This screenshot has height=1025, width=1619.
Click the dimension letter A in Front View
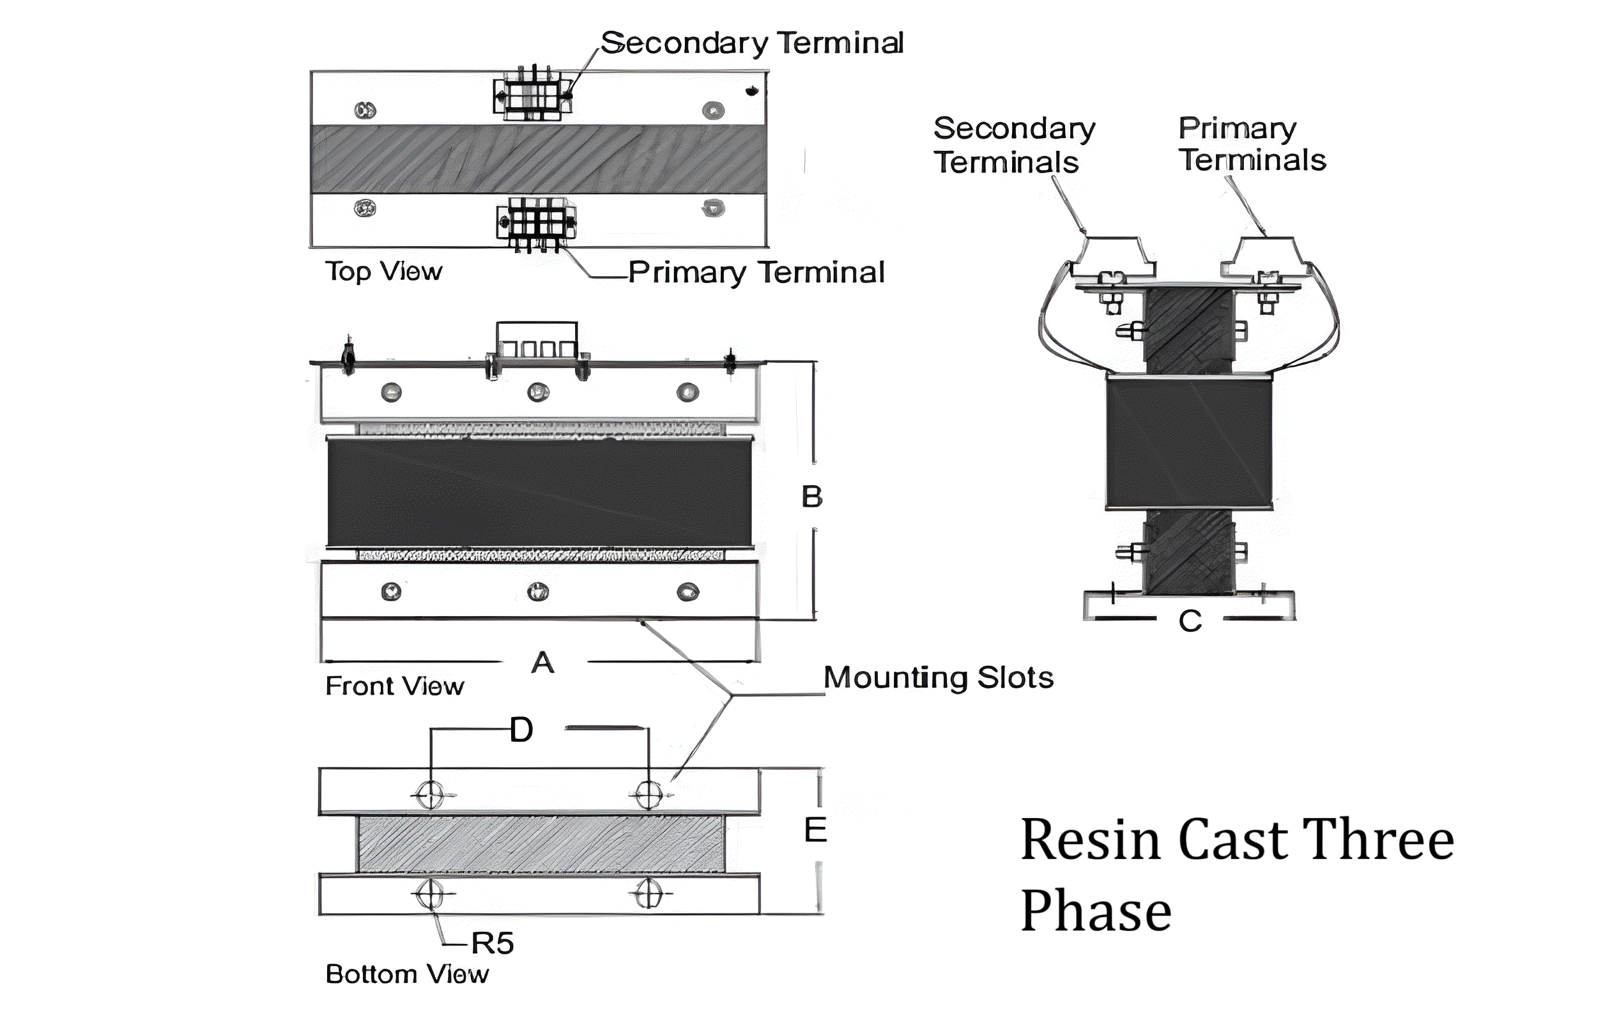click(x=542, y=663)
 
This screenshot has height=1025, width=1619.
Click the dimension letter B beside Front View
click(x=812, y=497)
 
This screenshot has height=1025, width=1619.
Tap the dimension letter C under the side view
click(x=1190, y=620)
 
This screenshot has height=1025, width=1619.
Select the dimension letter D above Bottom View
click(x=522, y=730)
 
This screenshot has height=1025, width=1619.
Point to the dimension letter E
click(x=815, y=830)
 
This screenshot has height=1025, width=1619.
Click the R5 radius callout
click(x=492, y=943)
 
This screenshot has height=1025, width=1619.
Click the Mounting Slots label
click(x=939, y=677)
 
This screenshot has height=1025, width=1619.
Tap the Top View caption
click(x=384, y=271)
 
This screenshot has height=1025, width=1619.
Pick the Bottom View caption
click(x=408, y=974)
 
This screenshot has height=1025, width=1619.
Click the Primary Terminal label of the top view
click(x=756, y=272)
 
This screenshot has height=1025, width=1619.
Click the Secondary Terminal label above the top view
click(x=751, y=43)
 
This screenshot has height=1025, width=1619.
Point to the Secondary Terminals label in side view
click(x=1014, y=145)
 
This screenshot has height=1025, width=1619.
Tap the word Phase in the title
click(x=1096, y=911)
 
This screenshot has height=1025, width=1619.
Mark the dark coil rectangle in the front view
click(x=539, y=493)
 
